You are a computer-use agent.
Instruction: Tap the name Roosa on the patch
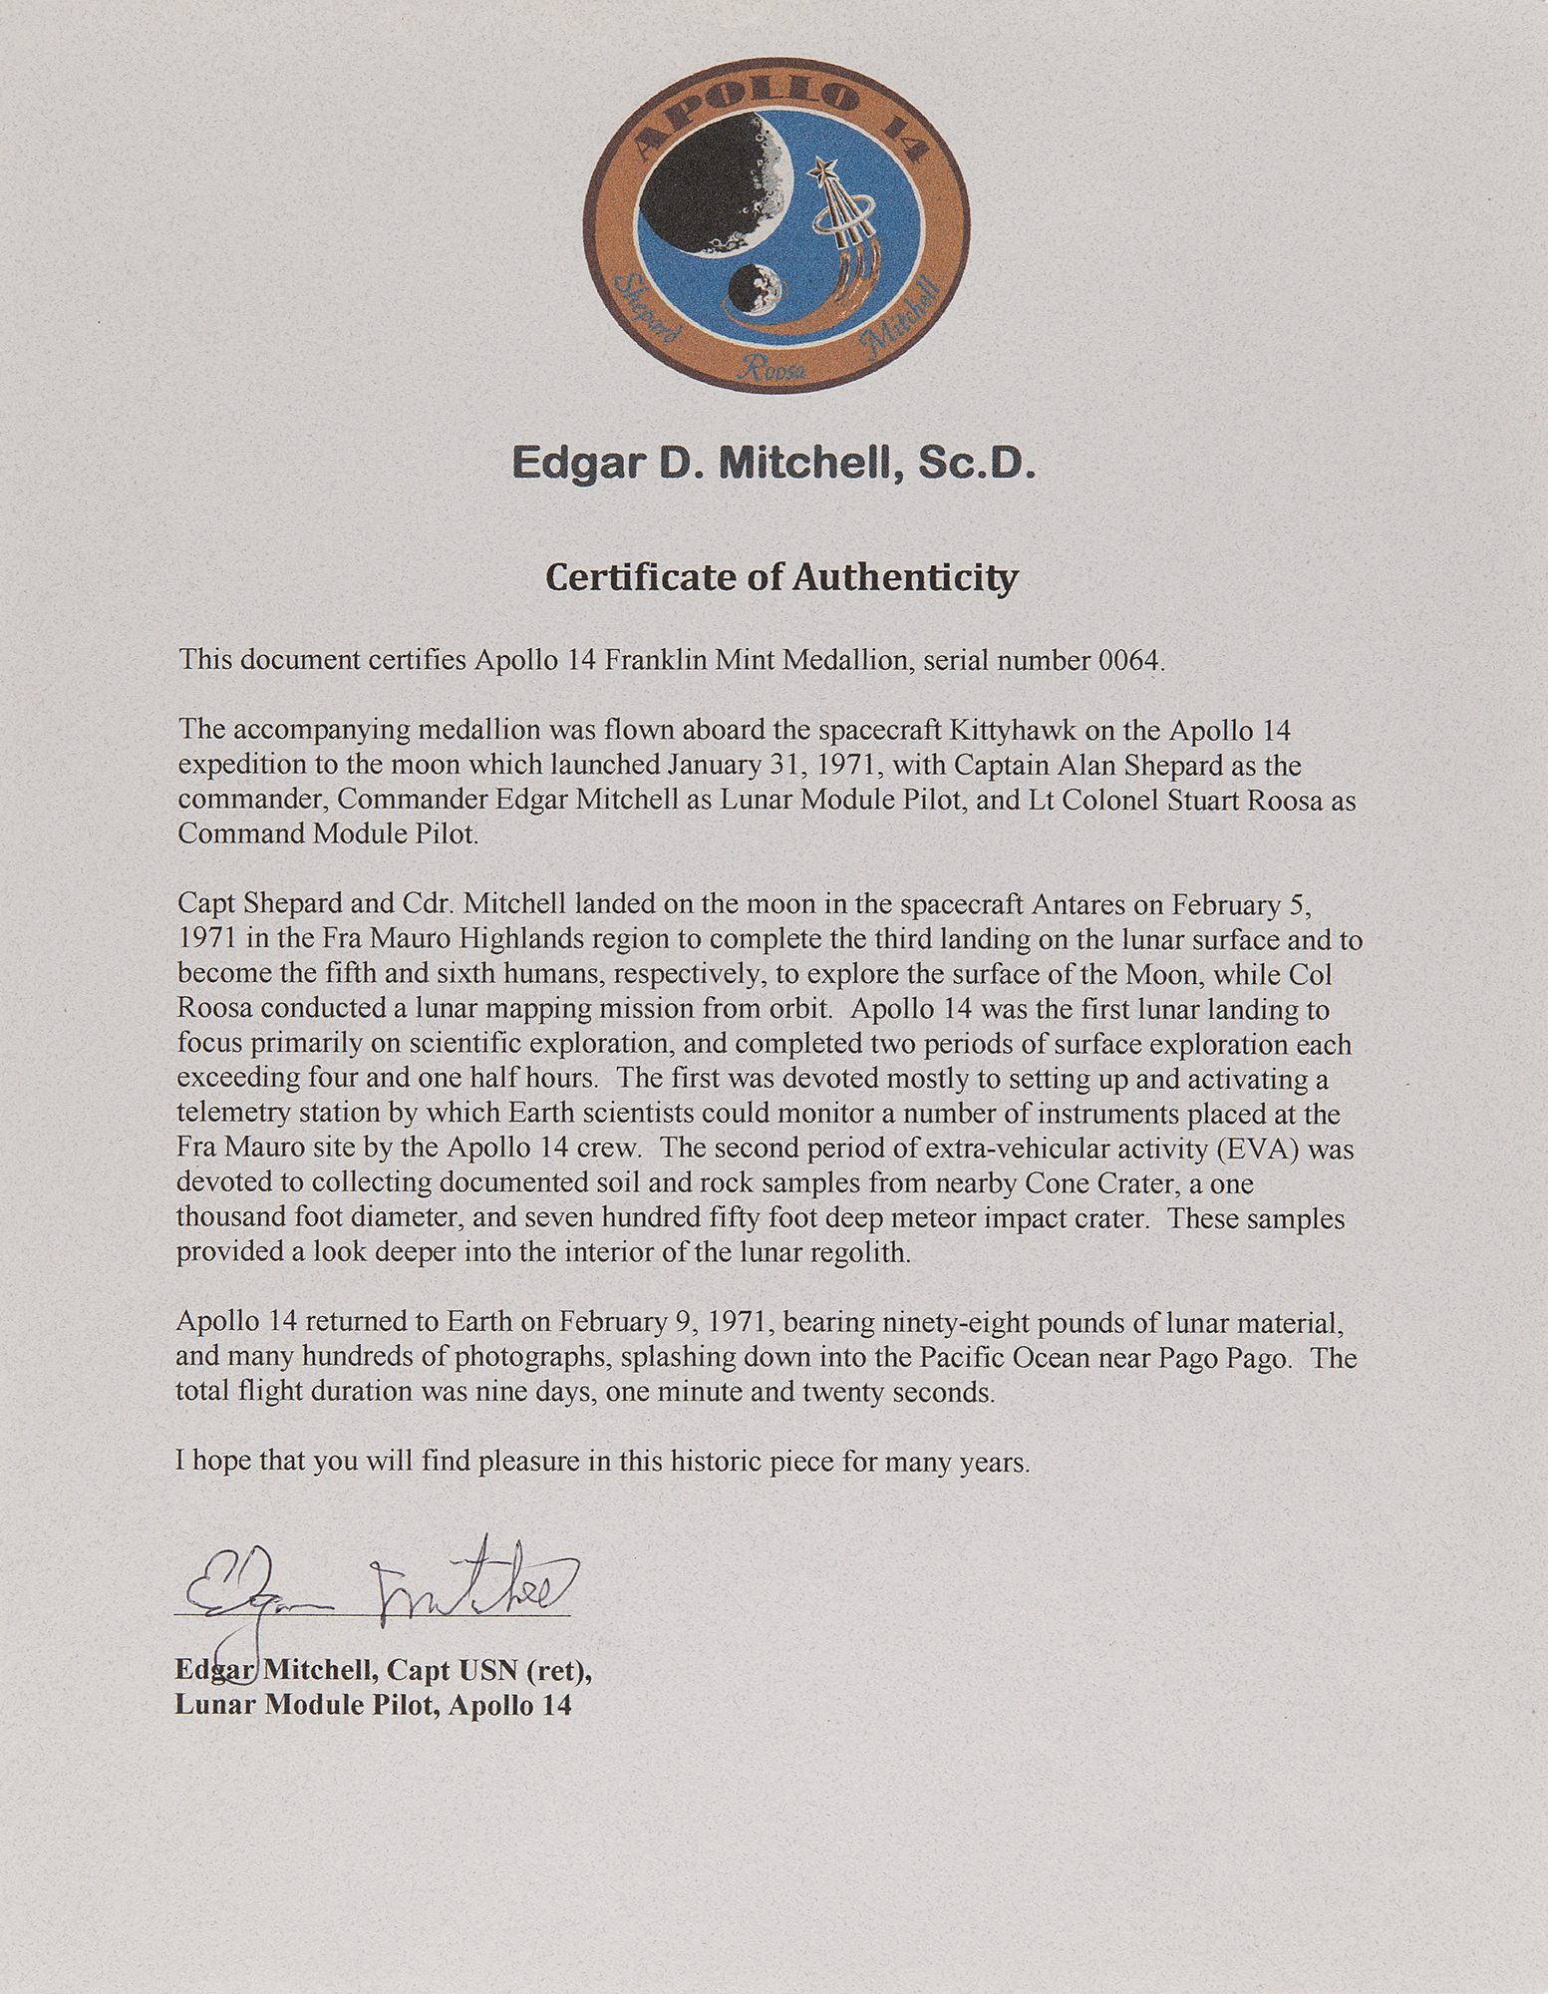(765, 372)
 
